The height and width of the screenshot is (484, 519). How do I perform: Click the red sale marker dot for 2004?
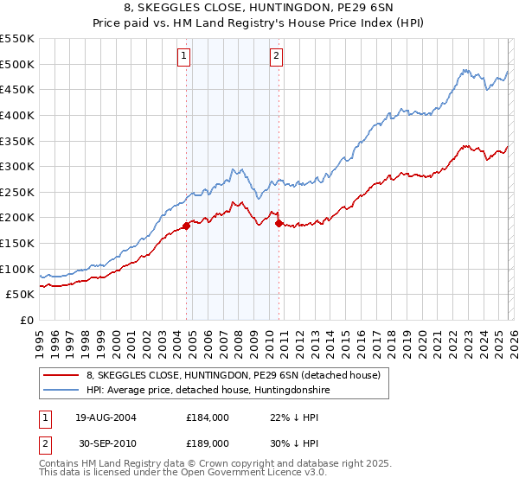[186, 226]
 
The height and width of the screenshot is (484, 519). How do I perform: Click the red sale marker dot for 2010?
[279, 223]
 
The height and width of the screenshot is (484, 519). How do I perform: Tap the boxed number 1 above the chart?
[184, 57]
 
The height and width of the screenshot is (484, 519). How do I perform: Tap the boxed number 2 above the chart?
[276, 57]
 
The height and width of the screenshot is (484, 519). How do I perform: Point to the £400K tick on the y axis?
[17, 115]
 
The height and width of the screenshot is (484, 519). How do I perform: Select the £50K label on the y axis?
[21, 295]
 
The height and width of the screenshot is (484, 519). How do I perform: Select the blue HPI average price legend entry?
[208, 391]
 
